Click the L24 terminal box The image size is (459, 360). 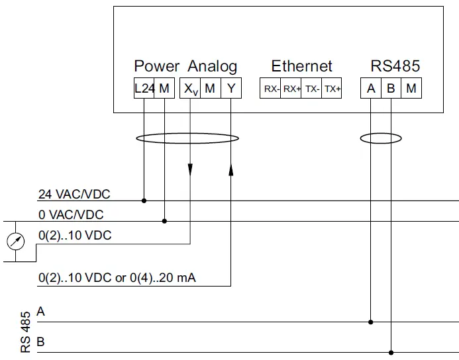144,89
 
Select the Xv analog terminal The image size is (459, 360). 190,89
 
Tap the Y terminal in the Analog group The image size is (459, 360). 230,89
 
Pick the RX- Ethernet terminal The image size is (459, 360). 271,89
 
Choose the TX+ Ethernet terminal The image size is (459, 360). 332,89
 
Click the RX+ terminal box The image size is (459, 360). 291,89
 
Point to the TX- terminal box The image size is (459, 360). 312,89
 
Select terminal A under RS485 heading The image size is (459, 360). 372,89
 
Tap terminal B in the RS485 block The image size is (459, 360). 391,89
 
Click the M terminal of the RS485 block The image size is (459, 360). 411,89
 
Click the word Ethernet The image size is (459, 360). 301,66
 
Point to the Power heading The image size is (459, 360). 156,66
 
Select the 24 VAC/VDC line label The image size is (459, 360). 74,195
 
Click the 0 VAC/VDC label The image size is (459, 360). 71,215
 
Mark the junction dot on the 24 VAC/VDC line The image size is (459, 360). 144,200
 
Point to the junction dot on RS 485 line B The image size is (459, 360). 391,352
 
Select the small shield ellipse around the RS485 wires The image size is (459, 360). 381,139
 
